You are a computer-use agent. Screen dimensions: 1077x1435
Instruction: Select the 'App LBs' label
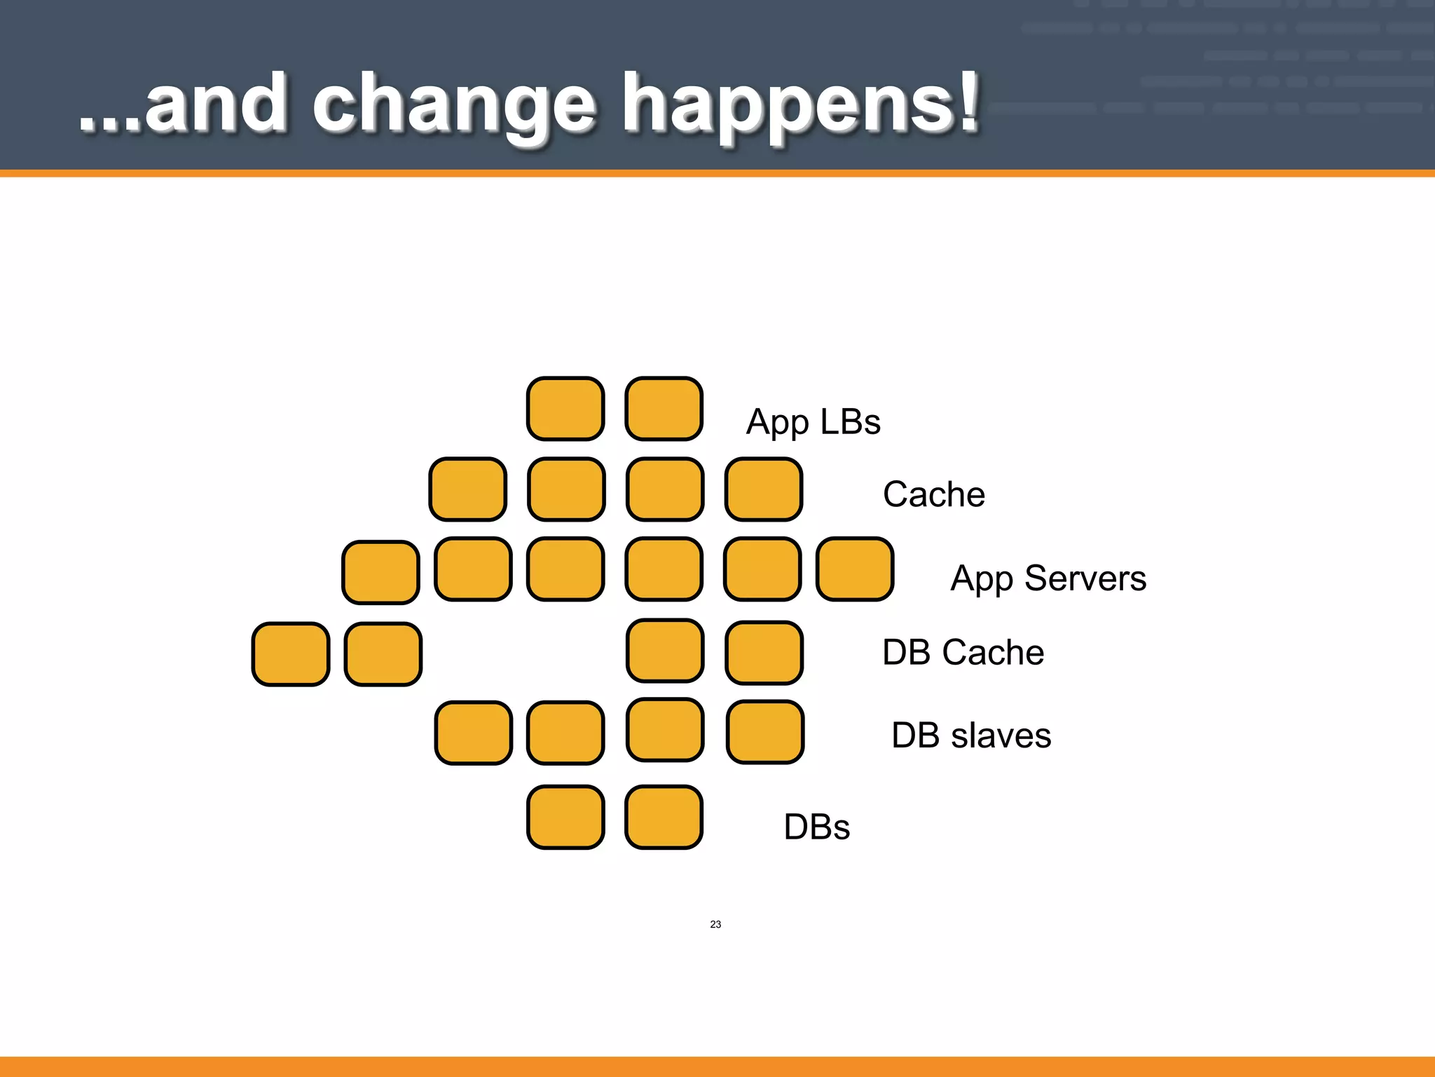click(813, 423)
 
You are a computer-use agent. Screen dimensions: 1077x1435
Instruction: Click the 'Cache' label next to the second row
click(933, 494)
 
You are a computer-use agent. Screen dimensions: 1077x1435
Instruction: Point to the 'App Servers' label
click(1048, 579)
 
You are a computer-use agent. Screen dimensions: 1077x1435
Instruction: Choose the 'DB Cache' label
click(963, 652)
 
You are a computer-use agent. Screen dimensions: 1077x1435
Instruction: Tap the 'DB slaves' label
click(970, 736)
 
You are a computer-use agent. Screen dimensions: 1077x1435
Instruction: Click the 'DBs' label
click(816, 827)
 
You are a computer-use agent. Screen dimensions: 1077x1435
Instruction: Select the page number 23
click(715, 924)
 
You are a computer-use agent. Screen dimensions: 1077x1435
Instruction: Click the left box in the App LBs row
click(565, 409)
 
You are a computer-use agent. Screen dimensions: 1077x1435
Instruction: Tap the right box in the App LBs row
click(664, 409)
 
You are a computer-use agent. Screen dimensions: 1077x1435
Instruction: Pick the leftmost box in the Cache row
click(467, 489)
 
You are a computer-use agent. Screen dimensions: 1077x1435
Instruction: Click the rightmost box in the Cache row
click(764, 489)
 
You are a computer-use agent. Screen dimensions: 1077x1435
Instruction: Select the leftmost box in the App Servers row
click(380, 572)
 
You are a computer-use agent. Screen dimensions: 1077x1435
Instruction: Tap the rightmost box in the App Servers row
click(855, 569)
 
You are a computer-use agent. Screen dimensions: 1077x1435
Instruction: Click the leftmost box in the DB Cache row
click(291, 654)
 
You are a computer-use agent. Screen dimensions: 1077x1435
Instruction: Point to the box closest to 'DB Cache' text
click(764, 653)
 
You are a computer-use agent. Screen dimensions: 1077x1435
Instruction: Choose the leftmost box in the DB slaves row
click(473, 733)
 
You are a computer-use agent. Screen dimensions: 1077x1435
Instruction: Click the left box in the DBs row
click(565, 818)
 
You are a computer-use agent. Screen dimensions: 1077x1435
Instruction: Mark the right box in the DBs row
click(664, 818)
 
